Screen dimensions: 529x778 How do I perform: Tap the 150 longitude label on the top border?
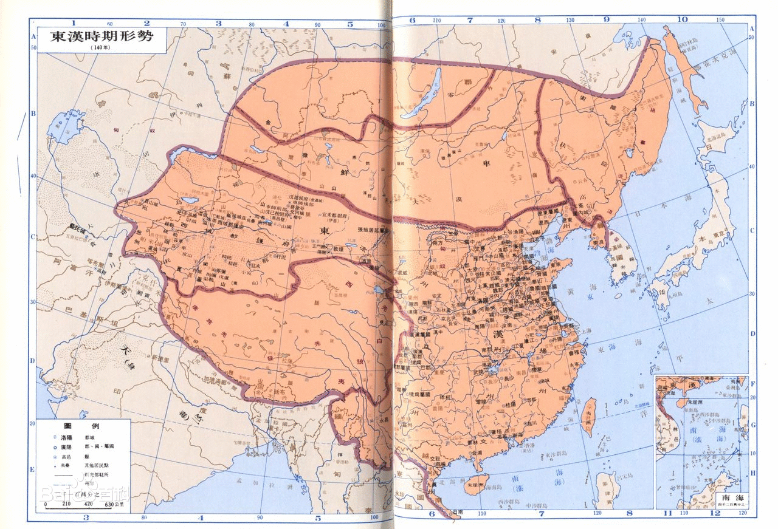(x=721, y=20)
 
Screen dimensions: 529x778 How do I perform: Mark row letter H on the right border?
(x=752, y=473)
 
